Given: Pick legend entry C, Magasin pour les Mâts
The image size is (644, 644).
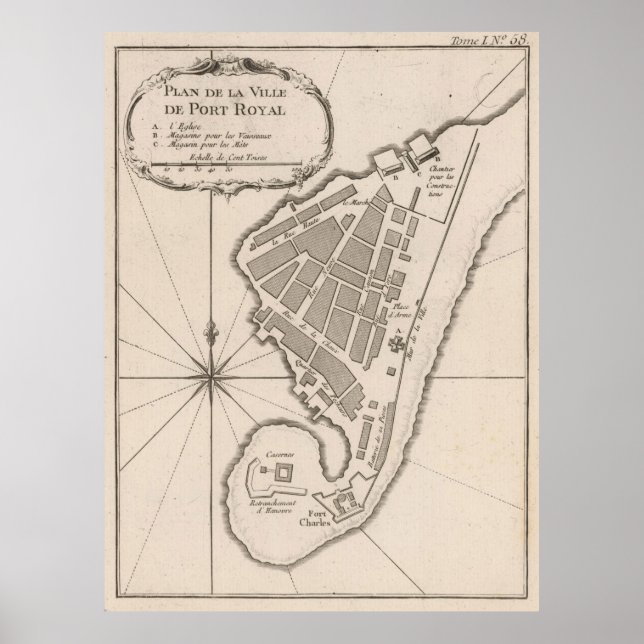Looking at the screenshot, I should coord(201,146).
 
